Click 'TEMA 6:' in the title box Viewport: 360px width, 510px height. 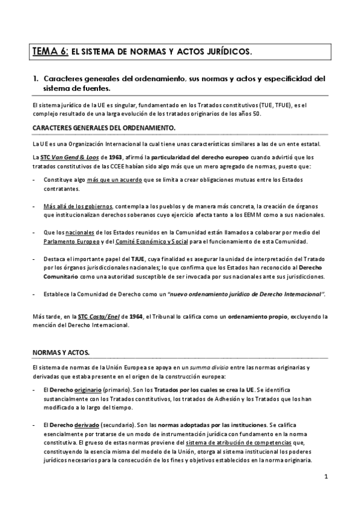[50, 52]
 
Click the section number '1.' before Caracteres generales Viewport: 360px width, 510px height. [37, 78]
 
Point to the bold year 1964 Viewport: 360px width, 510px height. [135, 316]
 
